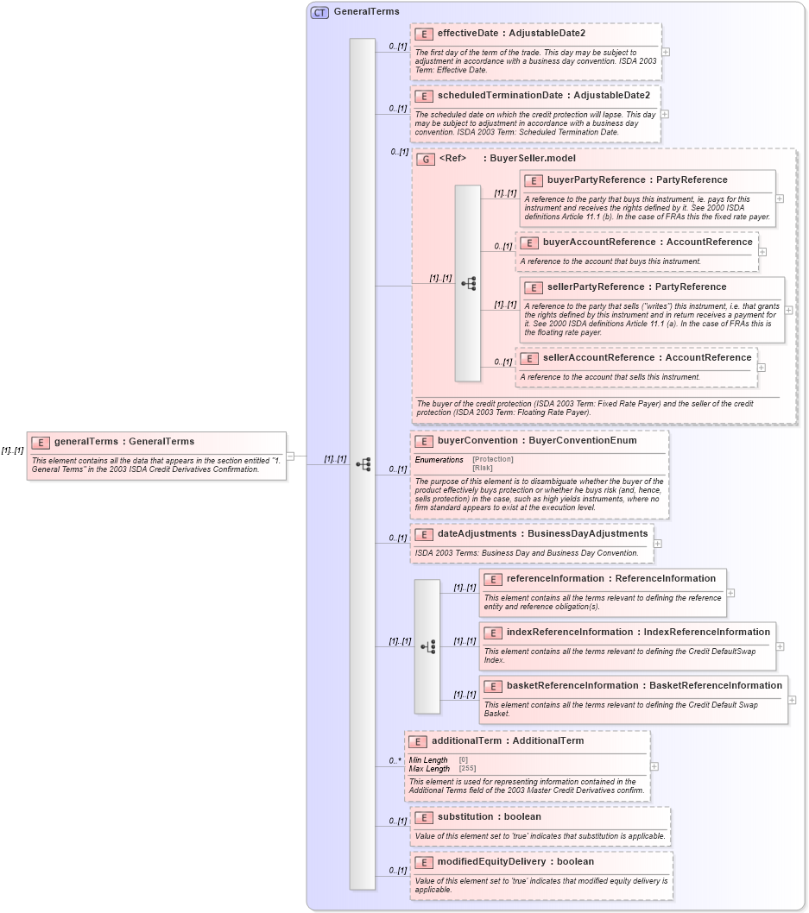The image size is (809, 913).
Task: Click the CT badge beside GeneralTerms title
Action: pyautogui.click(x=319, y=12)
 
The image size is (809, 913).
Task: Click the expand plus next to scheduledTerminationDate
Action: pyautogui.click(x=664, y=114)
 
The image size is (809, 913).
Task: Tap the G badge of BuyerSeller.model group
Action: pyautogui.click(x=425, y=159)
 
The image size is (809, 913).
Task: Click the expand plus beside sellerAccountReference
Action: pyautogui.click(x=761, y=368)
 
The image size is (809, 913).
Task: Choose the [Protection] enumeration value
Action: pyautogui.click(x=493, y=459)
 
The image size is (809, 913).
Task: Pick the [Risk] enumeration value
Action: pyautogui.click(x=483, y=468)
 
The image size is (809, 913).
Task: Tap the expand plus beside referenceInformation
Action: pyautogui.click(x=730, y=593)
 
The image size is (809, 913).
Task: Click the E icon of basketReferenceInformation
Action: pyautogui.click(x=492, y=686)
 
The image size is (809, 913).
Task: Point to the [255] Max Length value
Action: pyautogui.click(x=467, y=768)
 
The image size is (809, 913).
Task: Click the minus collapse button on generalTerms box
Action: pyautogui.click(x=290, y=456)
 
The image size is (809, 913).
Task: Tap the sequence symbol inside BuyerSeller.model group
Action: pyautogui.click(x=468, y=283)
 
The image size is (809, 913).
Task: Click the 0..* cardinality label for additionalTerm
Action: pyautogui.click(x=395, y=761)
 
